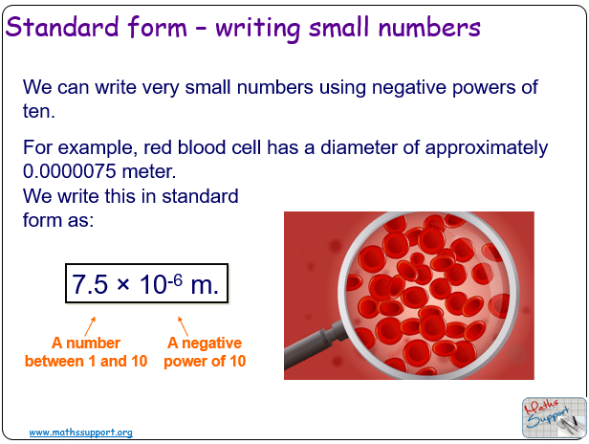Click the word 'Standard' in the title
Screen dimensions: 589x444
pyautogui.click(x=62, y=27)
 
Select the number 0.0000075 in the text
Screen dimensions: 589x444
pyautogui.click(x=70, y=171)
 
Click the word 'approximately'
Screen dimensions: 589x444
pyautogui.click(x=487, y=148)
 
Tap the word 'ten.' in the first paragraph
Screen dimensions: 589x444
pyautogui.click(x=39, y=111)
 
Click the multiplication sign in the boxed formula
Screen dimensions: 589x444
pyautogui.click(x=123, y=284)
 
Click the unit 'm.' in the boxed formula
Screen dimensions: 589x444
pyautogui.click(x=205, y=285)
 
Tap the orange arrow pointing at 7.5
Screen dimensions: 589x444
pyautogui.click(x=90, y=326)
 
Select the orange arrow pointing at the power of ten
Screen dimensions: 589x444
pyautogui.click(x=183, y=326)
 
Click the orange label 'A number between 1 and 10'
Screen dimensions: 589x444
pyautogui.click(x=86, y=352)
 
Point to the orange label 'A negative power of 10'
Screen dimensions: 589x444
pyautogui.click(x=205, y=352)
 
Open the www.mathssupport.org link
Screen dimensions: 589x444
pyautogui.click(x=81, y=433)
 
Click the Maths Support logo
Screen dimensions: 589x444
pyautogui.click(x=554, y=417)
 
